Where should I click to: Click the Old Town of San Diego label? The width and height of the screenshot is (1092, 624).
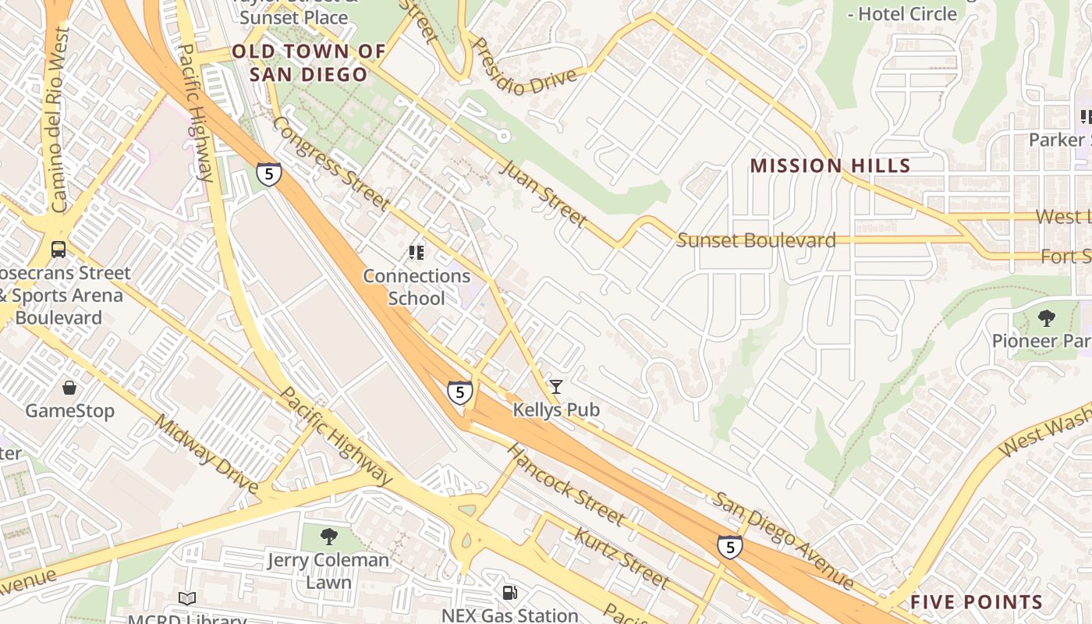[309, 63]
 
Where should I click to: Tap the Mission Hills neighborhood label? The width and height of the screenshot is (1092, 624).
[830, 165]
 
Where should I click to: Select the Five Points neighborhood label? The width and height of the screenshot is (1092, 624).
[976, 602]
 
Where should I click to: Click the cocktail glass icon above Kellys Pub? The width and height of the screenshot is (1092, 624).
[555, 387]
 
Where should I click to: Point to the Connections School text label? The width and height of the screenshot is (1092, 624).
[417, 287]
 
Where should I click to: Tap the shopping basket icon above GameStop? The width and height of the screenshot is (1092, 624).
[69, 388]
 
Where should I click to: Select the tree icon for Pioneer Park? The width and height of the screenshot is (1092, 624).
[1046, 318]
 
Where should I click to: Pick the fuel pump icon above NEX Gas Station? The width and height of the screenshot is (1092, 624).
[509, 593]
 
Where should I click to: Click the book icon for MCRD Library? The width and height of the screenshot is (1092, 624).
[186, 598]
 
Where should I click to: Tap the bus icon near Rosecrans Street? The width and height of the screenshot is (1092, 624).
[58, 250]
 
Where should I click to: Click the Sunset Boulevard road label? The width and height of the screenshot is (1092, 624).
[756, 240]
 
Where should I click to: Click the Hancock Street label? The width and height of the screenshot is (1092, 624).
[565, 484]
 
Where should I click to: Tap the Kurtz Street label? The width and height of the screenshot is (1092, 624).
[621, 558]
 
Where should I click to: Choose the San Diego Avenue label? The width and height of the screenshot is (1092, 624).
[784, 541]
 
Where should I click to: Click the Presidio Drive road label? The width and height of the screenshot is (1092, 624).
[524, 66]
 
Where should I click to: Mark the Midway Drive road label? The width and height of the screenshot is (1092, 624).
[206, 453]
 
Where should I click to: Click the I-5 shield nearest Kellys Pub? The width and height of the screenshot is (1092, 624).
[459, 392]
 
